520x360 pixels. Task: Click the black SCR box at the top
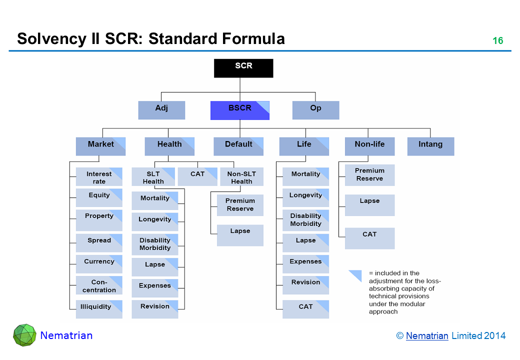coord(243,68)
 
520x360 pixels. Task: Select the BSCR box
coord(239,110)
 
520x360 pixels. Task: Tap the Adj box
coord(161,110)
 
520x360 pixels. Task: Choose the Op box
coord(315,110)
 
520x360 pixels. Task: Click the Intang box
coord(430,146)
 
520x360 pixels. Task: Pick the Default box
coord(238,146)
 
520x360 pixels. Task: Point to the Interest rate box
coord(99,177)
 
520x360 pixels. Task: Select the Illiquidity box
coord(99,308)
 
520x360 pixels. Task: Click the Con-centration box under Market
coord(99,285)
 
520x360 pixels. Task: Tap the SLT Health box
coord(153,177)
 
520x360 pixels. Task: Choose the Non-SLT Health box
coord(241,177)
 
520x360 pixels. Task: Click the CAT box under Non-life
coord(369,238)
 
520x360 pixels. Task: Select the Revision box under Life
coord(305,285)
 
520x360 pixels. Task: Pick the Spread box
coord(99,242)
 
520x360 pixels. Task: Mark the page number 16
coord(498,41)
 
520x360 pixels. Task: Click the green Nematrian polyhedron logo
coord(24,335)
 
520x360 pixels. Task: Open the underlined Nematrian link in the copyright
coord(427,336)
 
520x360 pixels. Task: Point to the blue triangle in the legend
coord(355,276)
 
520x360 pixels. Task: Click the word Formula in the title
coord(248,38)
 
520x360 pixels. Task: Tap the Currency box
coord(99,263)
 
